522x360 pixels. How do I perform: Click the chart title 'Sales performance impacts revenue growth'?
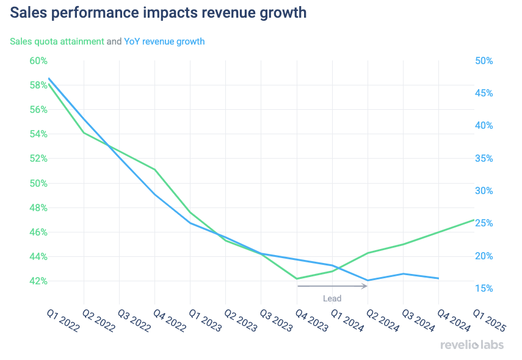[158, 13]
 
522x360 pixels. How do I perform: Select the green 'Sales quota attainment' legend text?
[57, 41]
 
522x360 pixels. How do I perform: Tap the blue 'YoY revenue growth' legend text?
[164, 41]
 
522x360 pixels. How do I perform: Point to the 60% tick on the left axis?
[38, 61]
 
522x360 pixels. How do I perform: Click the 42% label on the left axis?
[38, 281]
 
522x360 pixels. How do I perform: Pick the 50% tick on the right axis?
[484, 61]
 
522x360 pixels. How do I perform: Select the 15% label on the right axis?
[484, 289]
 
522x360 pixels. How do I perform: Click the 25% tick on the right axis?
[484, 223]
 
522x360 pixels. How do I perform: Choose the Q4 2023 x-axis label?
[310, 321]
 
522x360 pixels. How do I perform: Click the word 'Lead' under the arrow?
[332, 298]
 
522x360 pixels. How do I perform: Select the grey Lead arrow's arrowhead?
[365, 286]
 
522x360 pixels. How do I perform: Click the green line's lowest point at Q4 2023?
[297, 279]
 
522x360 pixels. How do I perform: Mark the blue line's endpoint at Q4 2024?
[438, 278]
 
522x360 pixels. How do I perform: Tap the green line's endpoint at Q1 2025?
[474, 220]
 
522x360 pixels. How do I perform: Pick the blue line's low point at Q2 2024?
[368, 281]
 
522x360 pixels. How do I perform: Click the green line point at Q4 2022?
[155, 169]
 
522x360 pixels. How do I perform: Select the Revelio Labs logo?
[472, 345]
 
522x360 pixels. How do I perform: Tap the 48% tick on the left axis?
[38, 207]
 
